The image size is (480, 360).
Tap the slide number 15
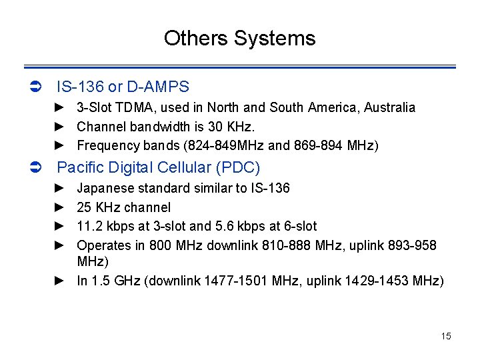446,336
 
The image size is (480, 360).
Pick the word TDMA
133,107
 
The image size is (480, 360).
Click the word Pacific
81,167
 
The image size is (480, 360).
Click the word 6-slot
300,227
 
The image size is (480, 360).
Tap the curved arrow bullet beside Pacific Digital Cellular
37,167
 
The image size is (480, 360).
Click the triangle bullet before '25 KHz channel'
59,207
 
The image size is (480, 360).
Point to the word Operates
103,245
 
